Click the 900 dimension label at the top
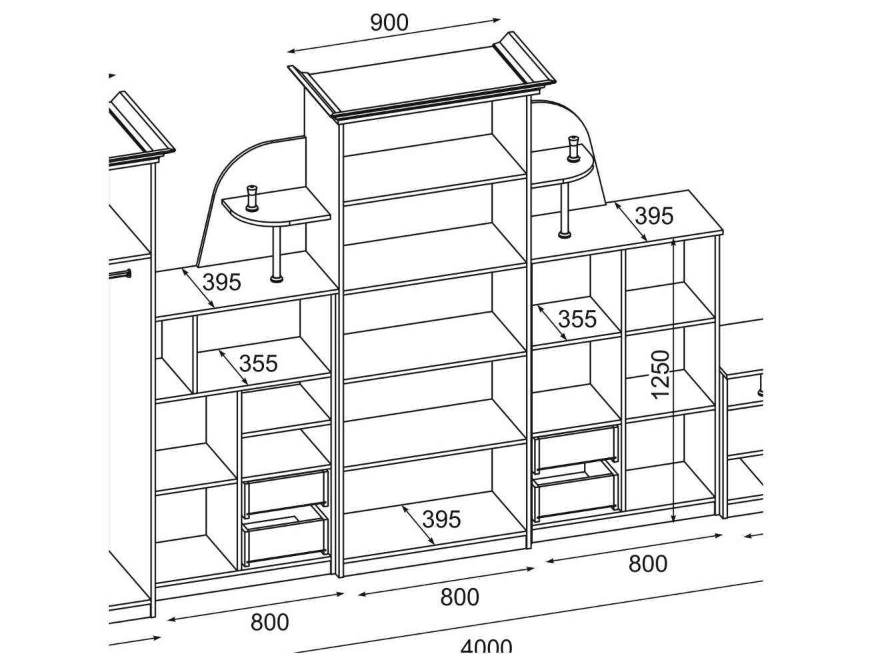pyautogui.click(x=389, y=23)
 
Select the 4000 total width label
pyautogui.click(x=486, y=645)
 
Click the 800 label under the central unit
pyautogui.click(x=459, y=597)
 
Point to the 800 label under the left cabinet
pyautogui.click(x=269, y=622)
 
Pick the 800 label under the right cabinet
pyautogui.click(x=647, y=564)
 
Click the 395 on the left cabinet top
pyautogui.click(x=221, y=283)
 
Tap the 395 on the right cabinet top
pyautogui.click(x=653, y=216)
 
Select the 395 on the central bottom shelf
pyautogui.click(x=441, y=519)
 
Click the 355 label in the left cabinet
pyautogui.click(x=258, y=363)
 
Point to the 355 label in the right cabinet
pyautogui.click(x=577, y=319)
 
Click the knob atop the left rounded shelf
pyautogui.click(x=253, y=197)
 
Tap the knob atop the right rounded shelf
pyautogui.click(x=573, y=148)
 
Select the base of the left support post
pyautogui.click(x=275, y=277)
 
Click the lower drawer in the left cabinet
pyautogui.click(x=285, y=537)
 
